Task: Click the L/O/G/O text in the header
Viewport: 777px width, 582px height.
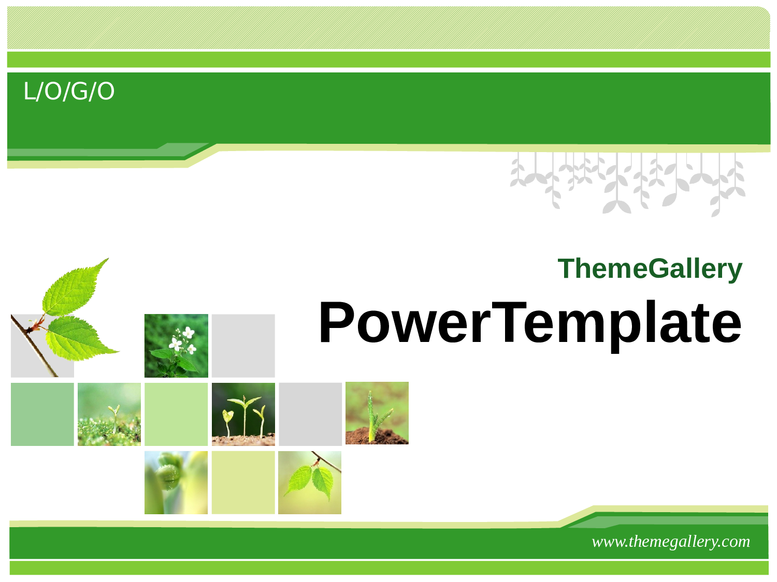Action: (x=69, y=91)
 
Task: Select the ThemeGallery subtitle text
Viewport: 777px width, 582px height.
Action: (x=650, y=269)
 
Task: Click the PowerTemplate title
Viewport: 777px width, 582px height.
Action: (x=530, y=323)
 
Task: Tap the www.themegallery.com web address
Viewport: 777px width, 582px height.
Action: (x=671, y=542)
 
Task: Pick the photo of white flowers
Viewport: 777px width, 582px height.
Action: (x=176, y=346)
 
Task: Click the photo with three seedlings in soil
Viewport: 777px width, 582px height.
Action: (x=243, y=414)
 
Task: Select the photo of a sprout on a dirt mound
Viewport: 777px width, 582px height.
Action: (x=377, y=413)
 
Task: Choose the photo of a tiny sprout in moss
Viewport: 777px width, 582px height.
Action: (x=109, y=414)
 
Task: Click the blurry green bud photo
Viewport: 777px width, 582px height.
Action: (x=176, y=482)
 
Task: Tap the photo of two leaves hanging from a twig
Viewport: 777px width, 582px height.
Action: (x=310, y=482)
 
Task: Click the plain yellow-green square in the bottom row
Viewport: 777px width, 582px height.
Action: (x=243, y=482)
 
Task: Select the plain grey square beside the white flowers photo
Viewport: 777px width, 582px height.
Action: (x=243, y=346)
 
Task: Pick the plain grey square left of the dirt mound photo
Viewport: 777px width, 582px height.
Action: (x=310, y=414)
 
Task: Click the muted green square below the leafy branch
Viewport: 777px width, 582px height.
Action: (x=42, y=414)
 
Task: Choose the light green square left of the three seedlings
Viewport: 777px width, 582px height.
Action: (x=176, y=414)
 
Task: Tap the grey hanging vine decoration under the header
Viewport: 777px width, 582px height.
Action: (x=628, y=184)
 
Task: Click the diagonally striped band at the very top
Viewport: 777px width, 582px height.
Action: (x=388, y=27)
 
